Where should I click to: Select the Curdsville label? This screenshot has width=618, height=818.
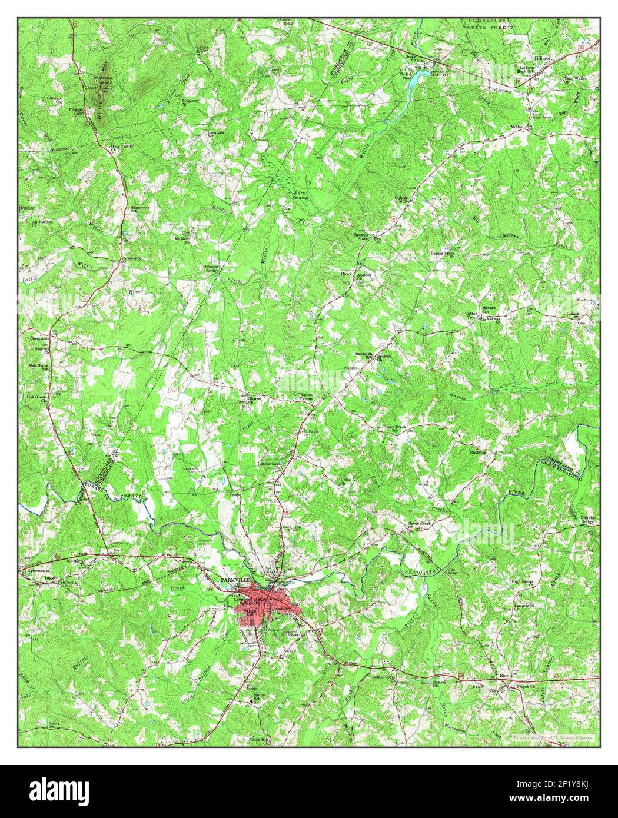[x=129, y=259]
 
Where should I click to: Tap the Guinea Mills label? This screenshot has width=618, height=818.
[x=401, y=199]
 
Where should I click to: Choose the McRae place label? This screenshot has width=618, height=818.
[x=517, y=133]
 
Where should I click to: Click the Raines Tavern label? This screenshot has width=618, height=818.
[x=305, y=397]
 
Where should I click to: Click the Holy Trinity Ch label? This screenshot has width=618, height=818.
[x=121, y=147]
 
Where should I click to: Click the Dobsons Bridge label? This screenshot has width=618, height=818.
[x=211, y=268]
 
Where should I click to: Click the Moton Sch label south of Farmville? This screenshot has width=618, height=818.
[x=257, y=697]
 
